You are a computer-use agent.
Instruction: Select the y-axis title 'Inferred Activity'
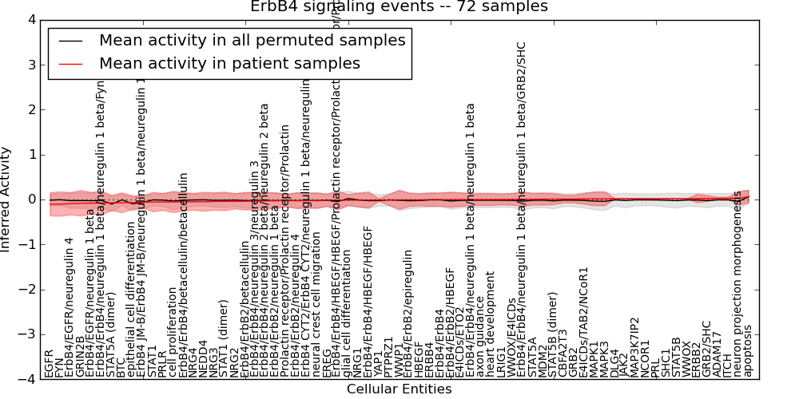(7, 199)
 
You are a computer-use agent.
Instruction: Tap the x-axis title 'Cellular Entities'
(399, 389)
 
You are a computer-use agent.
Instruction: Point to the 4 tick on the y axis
(30, 20)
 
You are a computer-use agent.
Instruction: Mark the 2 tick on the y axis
(30, 109)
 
